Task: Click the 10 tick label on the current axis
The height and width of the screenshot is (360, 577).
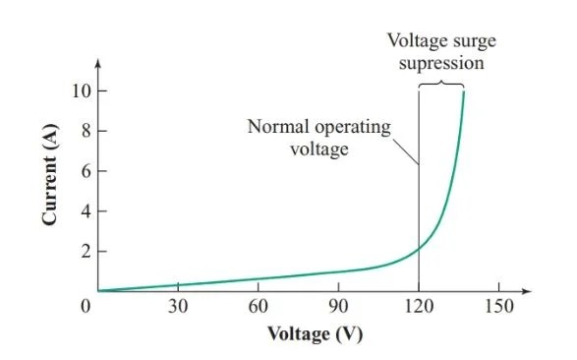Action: pyautogui.click(x=81, y=90)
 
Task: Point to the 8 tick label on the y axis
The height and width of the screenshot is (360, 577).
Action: pyautogui.click(x=85, y=131)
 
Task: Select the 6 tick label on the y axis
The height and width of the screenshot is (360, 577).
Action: pyautogui.click(x=85, y=171)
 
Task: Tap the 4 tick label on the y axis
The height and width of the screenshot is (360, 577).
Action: pyautogui.click(x=85, y=211)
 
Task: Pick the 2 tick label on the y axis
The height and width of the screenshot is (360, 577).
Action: pyautogui.click(x=85, y=252)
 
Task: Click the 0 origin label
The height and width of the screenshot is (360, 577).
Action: pyautogui.click(x=86, y=306)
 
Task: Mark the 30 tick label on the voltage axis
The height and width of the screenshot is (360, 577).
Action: pyautogui.click(x=178, y=306)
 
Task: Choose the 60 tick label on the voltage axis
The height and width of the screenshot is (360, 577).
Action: pyautogui.click(x=259, y=306)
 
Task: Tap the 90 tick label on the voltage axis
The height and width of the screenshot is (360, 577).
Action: pyautogui.click(x=339, y=306)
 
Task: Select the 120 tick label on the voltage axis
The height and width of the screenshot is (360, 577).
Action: pyautogui.click(x=420, y=306)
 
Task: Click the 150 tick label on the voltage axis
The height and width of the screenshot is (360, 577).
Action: pyautogui.click(x=499, y=306)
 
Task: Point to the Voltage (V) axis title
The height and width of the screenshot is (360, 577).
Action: pyautogui.click(x=316, y=334)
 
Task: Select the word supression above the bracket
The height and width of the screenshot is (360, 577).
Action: pyautogui.click(x=443, y=64)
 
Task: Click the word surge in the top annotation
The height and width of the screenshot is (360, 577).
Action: pyautogui.click(x=468, y=42)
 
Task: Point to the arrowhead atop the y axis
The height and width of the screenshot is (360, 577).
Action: pyautogui.click(x=98, y=66)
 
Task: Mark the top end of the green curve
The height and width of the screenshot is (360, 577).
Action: pyautogui.click(x=463, y=91)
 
